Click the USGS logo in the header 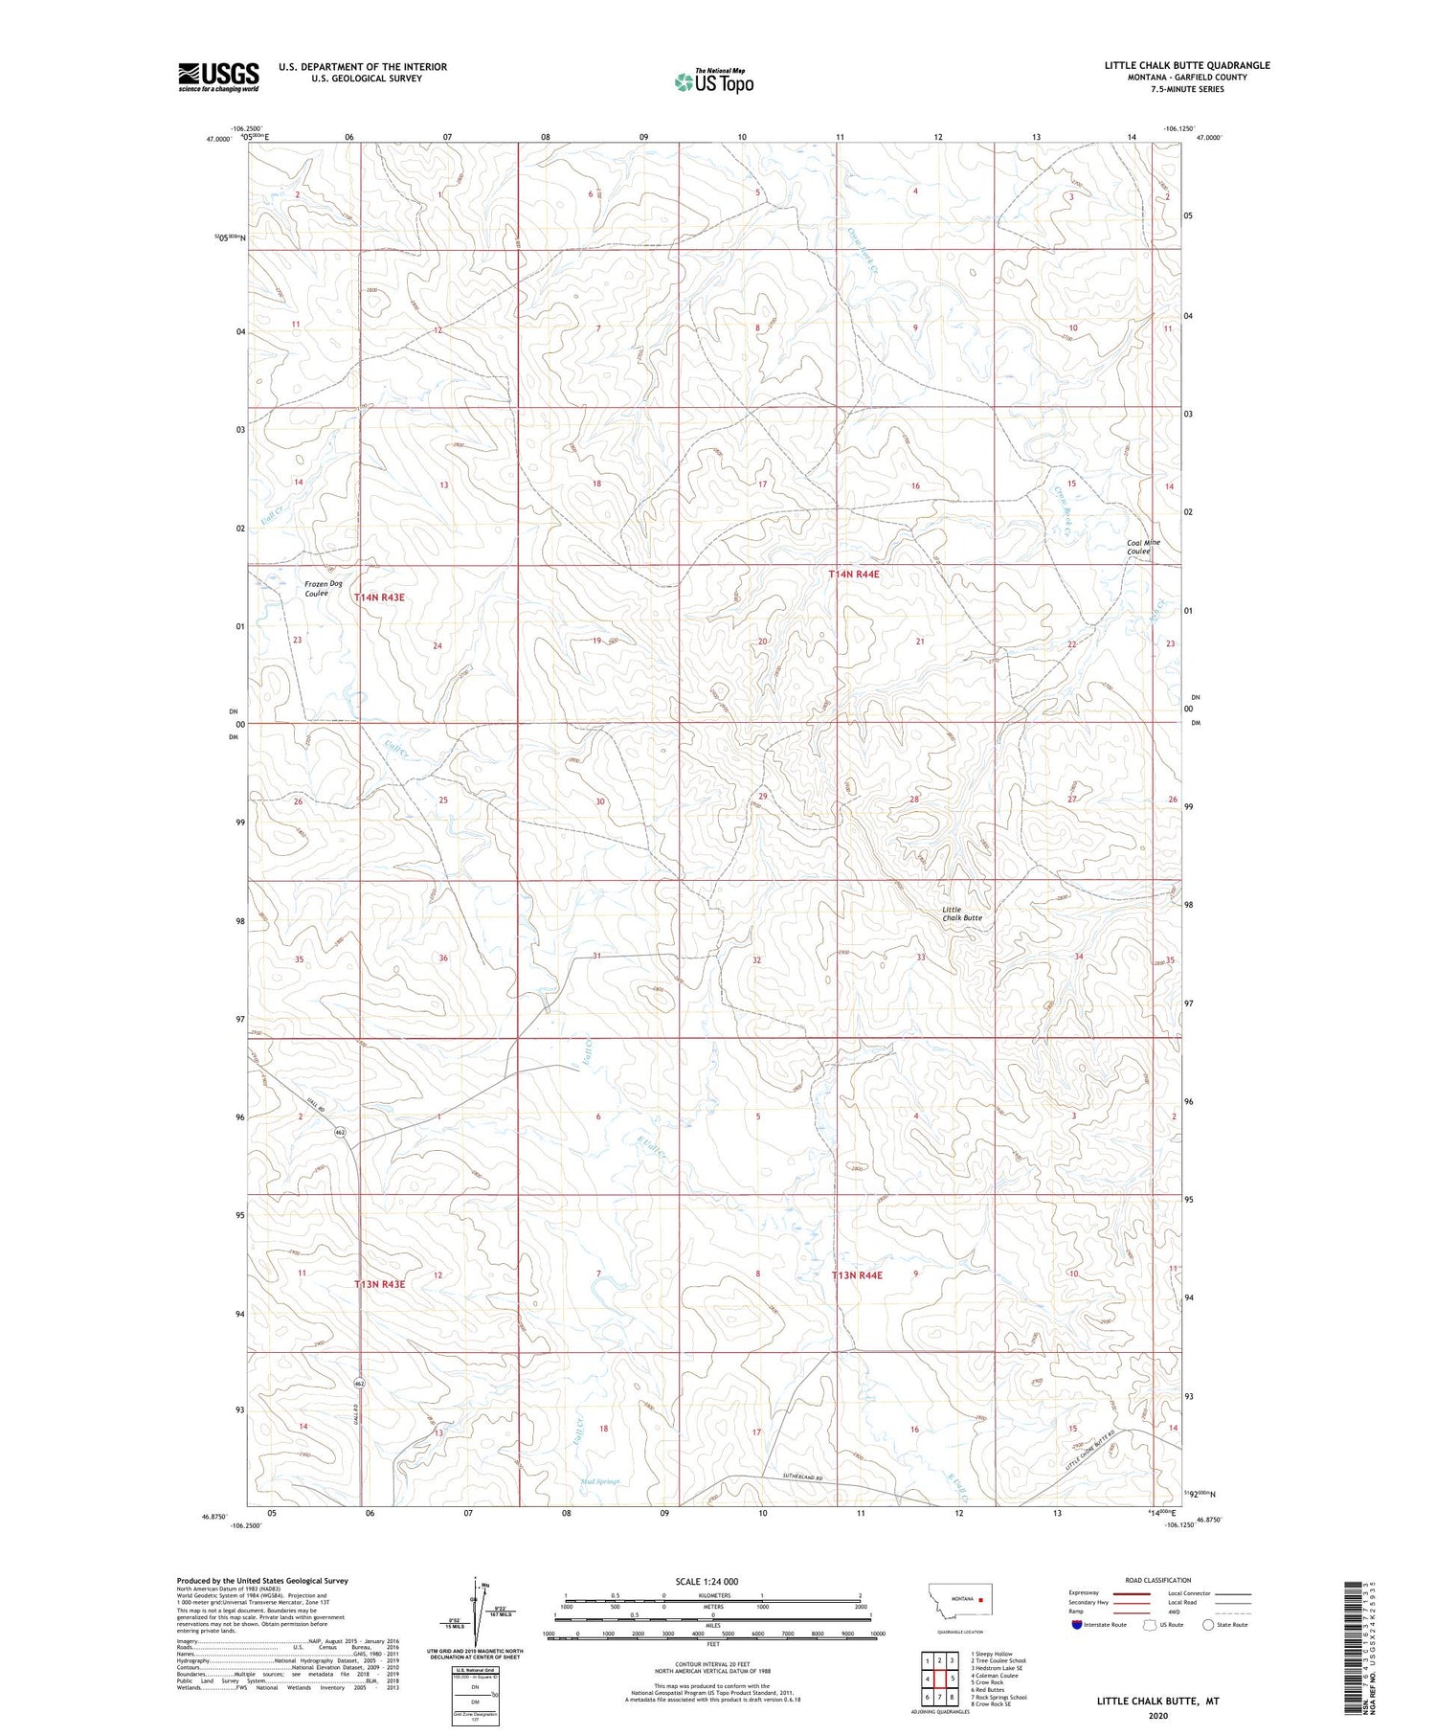pos(218,77)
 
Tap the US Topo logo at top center pos(714,82)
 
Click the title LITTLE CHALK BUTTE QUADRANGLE pos(1187,65)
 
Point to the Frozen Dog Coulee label pos(323,588)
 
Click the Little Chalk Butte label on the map pos(961,913)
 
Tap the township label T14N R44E pos(853,574)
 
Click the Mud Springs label pos(600,1481)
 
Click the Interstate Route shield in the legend pos(1078,1625)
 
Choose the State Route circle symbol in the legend pos(1208,1625)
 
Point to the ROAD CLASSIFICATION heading pos(1157,1580)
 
